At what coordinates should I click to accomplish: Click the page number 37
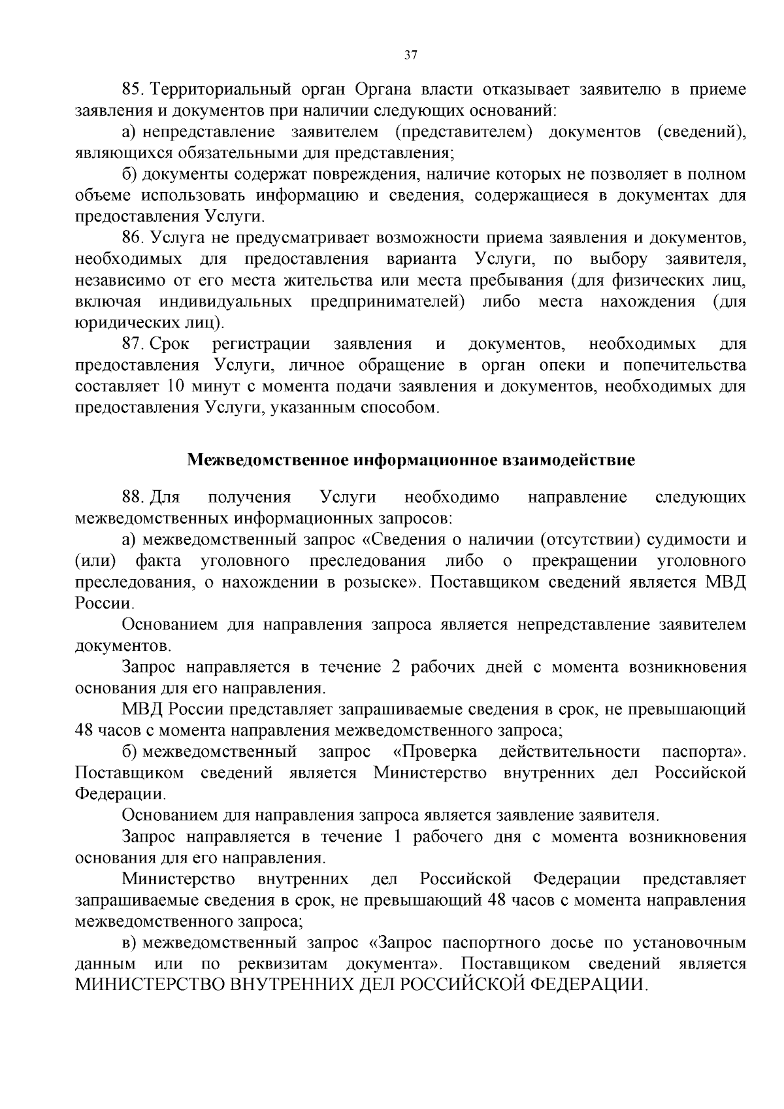(x=410, y=56)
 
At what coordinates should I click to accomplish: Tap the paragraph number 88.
(x=133, y=497)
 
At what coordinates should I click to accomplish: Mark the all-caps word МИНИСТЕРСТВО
(x=150, y=985)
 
